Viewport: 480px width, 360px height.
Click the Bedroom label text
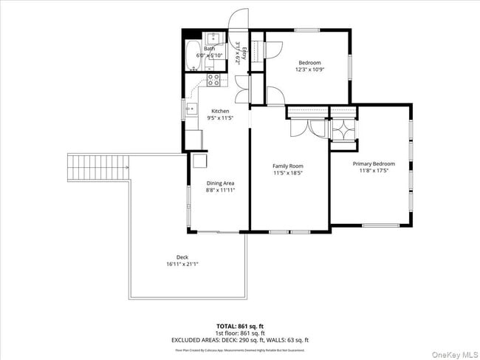309,62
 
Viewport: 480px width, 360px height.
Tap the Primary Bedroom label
373,163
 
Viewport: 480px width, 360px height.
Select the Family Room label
288,166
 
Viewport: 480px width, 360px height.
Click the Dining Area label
220,183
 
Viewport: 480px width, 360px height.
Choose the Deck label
182,257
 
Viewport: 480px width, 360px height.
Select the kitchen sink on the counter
191,109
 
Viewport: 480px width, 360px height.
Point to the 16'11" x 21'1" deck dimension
182,264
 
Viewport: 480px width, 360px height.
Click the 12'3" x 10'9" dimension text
309,69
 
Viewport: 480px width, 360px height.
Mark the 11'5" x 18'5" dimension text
288,173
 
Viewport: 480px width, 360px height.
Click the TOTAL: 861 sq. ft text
240,325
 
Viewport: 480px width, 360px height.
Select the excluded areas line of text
240,339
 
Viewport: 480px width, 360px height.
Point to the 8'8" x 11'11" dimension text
220,190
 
